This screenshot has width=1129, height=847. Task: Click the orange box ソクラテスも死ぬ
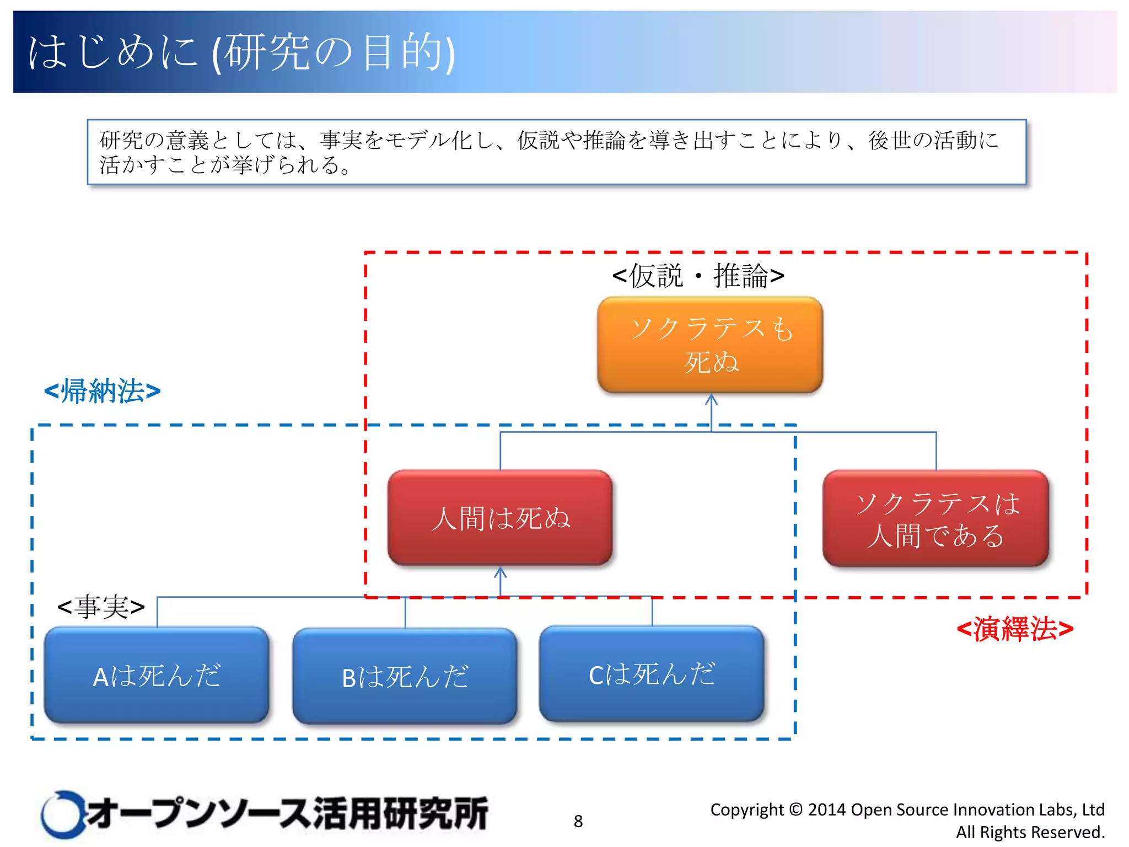click(710, 345)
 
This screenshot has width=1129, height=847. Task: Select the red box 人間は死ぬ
click(500, 518)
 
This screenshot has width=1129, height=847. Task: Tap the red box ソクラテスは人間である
click(936, 518)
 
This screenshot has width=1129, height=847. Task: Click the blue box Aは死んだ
click(157, 676)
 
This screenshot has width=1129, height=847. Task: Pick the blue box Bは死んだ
click(405, 677)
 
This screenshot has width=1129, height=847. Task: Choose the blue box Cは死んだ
click(652, 674)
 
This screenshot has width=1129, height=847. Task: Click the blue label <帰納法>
click(103, 391)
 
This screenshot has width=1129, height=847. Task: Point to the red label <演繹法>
click(1014, 629)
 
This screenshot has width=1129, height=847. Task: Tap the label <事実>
click(101, 607)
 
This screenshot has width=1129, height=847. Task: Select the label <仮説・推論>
click(698, 276)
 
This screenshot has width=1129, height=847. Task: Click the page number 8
click(578, 821)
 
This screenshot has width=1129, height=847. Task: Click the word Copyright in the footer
click(746, 810)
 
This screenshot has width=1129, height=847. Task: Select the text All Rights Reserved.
click(1030, 832)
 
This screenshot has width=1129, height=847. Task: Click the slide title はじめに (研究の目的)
click(241, 52)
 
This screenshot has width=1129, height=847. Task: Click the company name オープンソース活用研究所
click(287, 813)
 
